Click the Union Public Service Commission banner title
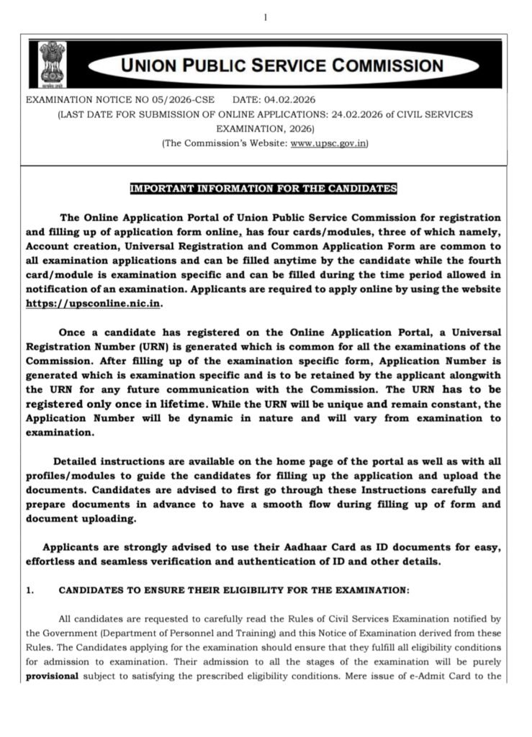[281, 66]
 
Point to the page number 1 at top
[265, 17]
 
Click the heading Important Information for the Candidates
[263, 189]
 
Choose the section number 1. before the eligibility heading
[30, 590]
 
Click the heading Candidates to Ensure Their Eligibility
[234, 590]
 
